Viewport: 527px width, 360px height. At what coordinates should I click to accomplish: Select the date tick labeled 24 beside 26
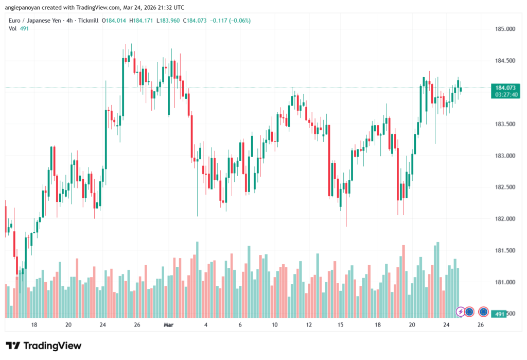[x=446, y=325]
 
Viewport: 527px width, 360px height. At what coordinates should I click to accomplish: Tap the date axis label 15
[x=341, y=325]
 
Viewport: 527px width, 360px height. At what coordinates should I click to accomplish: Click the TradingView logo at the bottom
[x=44, y=346]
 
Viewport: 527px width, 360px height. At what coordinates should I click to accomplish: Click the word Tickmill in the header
[x=89, y=21]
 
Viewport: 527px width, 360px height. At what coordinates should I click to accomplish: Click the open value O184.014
[x=114, y=21]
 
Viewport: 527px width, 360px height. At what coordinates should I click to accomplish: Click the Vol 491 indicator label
[x=19, y=28]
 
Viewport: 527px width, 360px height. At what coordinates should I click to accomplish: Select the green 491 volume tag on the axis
[x=498, y=314]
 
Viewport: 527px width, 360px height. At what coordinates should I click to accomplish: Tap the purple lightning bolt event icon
[x=461, y=312]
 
